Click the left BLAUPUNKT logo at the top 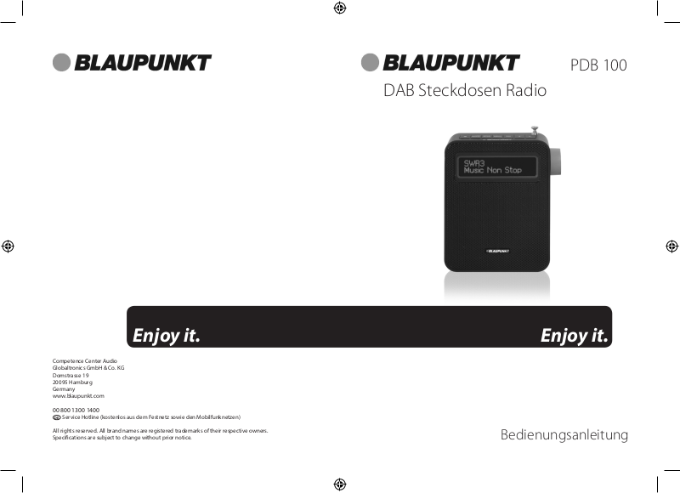(132, 62)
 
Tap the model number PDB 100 (598, 65)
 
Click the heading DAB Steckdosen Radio (465, 90)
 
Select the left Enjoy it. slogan (167, 336)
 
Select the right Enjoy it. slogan (575, 336)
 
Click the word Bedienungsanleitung (564, 435)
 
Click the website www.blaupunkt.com (78, 396)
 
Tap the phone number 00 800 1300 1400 (76, 411)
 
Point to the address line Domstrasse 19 (71, 375)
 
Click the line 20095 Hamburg (72, 382)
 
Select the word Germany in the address (64, 389)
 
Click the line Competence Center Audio (85, 361)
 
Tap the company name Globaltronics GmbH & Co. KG (88, 368)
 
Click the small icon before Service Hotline (56, 417)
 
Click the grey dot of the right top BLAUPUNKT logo (369, 63)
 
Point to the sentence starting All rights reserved (160, 431)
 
